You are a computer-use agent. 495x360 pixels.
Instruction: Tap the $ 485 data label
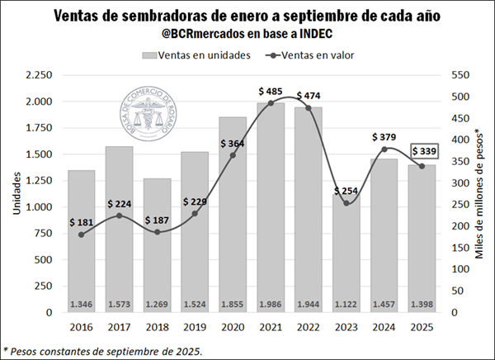coord(271,90)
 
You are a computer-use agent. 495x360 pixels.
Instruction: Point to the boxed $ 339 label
coord(425,151)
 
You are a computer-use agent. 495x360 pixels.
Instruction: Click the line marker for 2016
coord(81,234)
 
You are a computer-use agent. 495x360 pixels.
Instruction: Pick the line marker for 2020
coord(233,155)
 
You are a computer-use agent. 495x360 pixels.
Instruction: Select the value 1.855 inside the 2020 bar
coord(233,304)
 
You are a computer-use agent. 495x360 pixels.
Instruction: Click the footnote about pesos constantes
coord(103,350)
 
